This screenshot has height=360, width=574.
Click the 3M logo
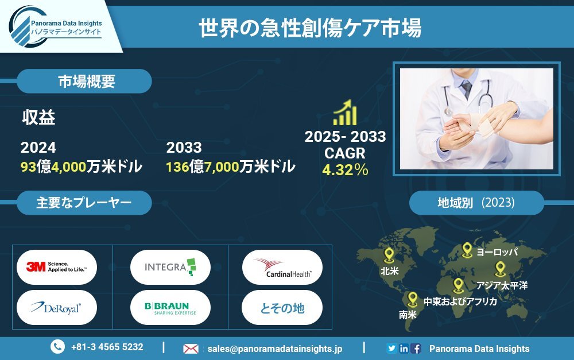point(57,267)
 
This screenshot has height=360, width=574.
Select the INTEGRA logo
point(170,267)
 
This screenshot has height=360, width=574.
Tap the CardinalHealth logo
point(282,268)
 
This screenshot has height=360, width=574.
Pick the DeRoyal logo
point(56,308)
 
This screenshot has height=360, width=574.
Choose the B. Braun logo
point(170,308)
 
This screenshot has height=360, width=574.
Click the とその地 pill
point(282,308)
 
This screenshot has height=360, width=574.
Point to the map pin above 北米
point(389,255)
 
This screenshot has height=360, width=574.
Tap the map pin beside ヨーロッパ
point(467,250)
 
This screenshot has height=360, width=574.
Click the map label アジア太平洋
point(502,285)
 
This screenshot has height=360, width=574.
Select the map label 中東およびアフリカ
point(460,301)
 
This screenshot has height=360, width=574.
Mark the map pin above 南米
point(412,299)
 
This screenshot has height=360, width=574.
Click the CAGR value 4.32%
point(345,169)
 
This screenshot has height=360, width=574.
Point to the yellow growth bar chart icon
point(345,112)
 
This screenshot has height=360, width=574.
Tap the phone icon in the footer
point(57,347)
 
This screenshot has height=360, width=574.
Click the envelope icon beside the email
point(191,349)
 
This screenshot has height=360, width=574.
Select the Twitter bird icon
point(391,349)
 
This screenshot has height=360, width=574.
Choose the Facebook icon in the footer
point(416,349)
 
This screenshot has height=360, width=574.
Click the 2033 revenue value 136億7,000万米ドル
point(230,167)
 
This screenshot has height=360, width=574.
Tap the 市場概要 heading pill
point(84,82)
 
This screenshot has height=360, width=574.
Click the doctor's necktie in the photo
point(467,89)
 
